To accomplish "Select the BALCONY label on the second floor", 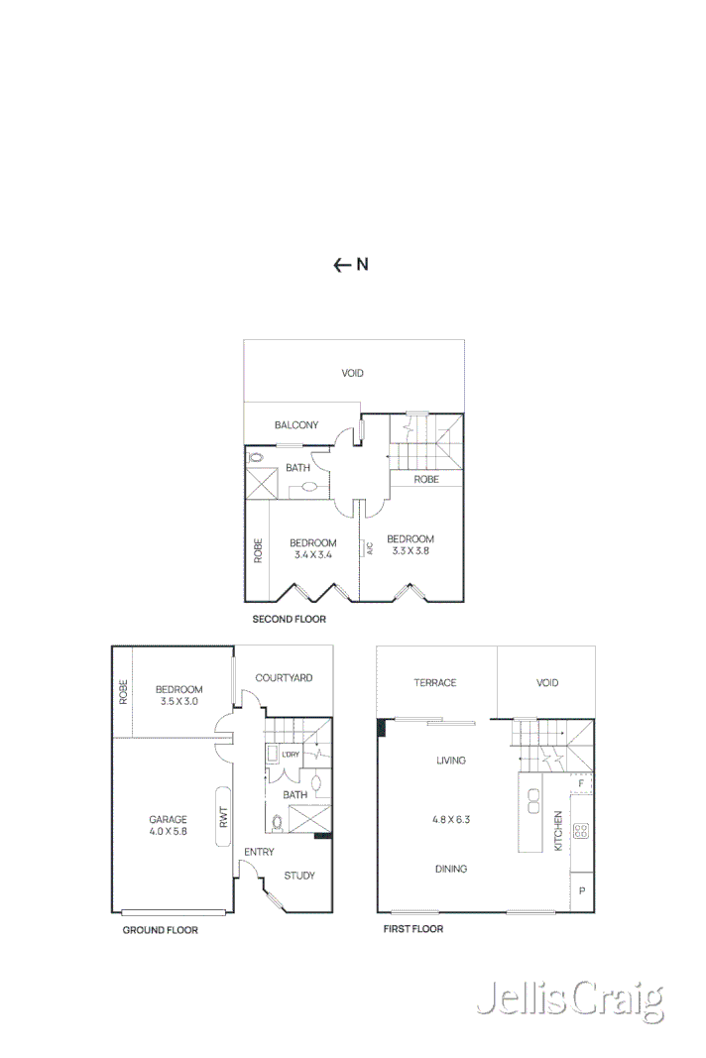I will coord(296,425).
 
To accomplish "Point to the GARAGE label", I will coord(169,819).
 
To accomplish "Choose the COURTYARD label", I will coord(284,678).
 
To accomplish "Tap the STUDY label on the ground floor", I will coord(299,876).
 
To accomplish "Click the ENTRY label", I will coord(259,852).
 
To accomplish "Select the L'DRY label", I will coord(291,756).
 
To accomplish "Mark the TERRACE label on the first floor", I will coord(435,682).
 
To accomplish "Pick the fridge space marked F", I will coord(581,783).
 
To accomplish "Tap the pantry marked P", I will coord(582,891).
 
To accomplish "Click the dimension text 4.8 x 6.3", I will coord(451,820).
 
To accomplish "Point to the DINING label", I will coord(451,869).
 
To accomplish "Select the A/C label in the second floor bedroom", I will coord(368,546).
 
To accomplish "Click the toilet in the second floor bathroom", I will coord(255,458).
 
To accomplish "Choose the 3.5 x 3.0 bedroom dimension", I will coord(179,701).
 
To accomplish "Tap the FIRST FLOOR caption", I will coord(413,929).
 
